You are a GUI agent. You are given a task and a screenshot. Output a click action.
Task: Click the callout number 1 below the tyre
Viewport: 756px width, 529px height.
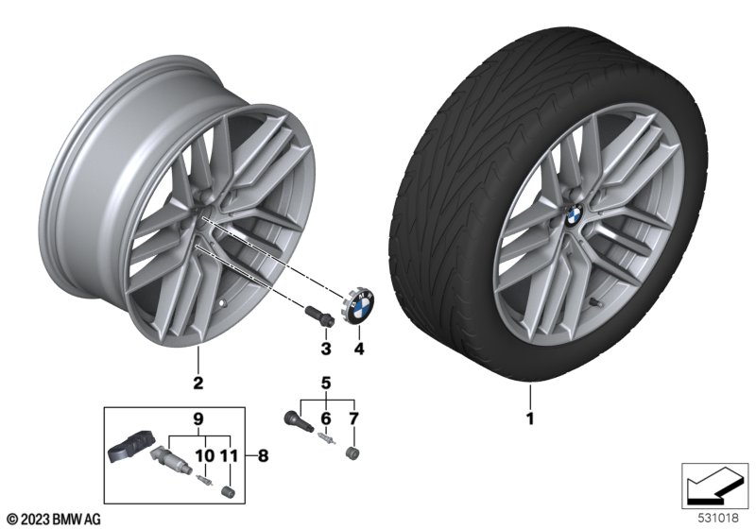(530, 418)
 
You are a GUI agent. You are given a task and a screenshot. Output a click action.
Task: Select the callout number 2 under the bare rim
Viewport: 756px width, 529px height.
(198, 383)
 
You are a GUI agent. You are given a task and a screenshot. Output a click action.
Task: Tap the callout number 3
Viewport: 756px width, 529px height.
(326, 349)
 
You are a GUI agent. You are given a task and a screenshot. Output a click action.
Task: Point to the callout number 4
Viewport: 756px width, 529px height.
(359, 349)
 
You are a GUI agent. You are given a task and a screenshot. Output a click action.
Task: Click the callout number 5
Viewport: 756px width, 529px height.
(326, 384)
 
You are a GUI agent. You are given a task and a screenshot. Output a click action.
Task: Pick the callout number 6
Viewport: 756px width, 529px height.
(326, 418)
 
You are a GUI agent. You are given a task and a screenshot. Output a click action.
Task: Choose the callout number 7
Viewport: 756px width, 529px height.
(353, 418)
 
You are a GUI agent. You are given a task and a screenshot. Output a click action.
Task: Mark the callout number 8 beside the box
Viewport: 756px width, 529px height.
(264, 455)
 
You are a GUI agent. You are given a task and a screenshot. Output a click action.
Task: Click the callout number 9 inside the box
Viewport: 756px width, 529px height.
(198, 419)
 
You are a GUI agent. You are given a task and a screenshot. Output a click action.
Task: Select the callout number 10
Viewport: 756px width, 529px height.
(204, 455)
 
